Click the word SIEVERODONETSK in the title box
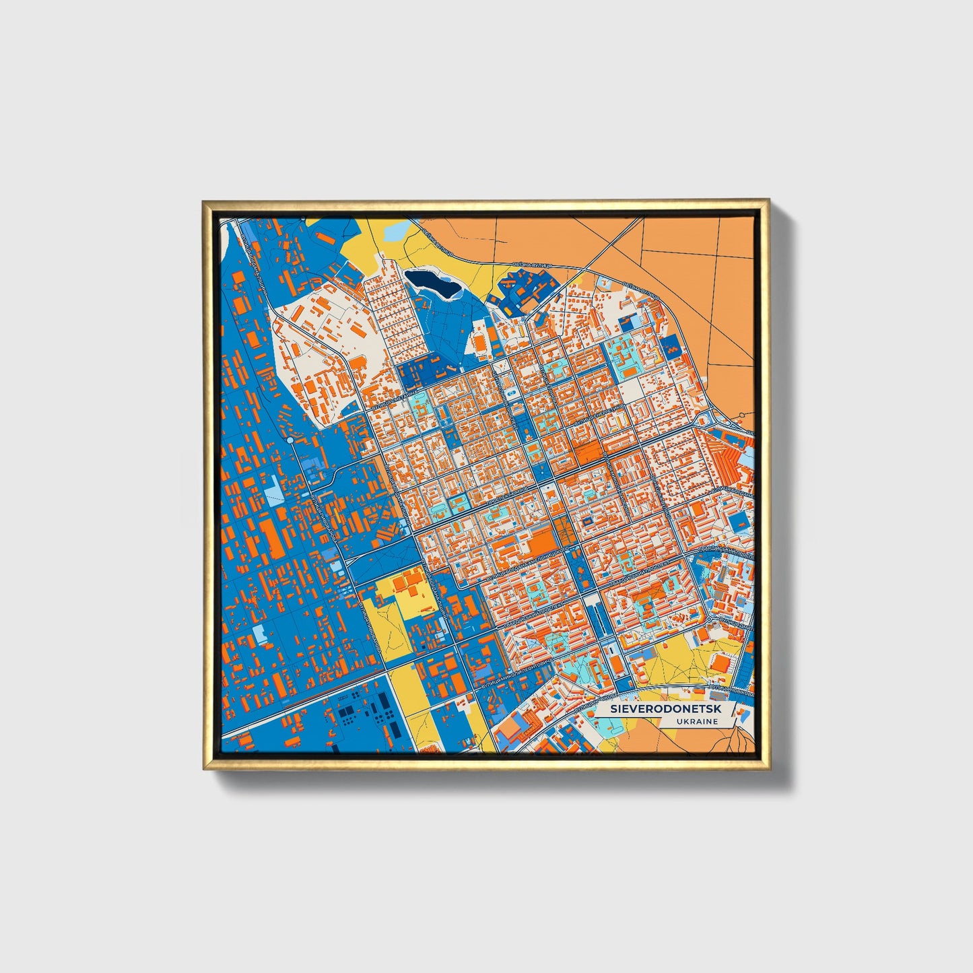point(657,710)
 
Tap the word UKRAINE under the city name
point(697,721)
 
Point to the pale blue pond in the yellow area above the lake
point(396,231)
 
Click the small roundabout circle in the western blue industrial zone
point(290,440)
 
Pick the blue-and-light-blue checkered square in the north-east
point(671,347)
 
